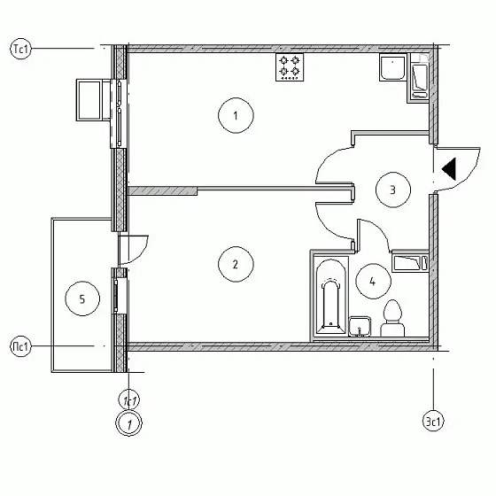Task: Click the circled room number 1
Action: point(236,116)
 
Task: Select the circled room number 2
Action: point(236,264)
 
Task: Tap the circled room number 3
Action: point(392,188)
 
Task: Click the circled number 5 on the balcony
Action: point(82,299)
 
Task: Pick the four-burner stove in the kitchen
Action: point(291,67)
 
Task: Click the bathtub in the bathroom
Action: point(330,298)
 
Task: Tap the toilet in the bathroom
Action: point(391,319)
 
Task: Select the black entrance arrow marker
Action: point(449,166)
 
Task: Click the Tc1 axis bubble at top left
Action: point(20,49)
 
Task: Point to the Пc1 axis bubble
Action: point(20,345)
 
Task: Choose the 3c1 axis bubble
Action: point(433,422)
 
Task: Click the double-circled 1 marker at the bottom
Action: point(130,424)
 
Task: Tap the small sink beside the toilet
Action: point(359,325)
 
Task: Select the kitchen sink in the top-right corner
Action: point(391,69)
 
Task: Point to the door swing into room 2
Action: point(333,220)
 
